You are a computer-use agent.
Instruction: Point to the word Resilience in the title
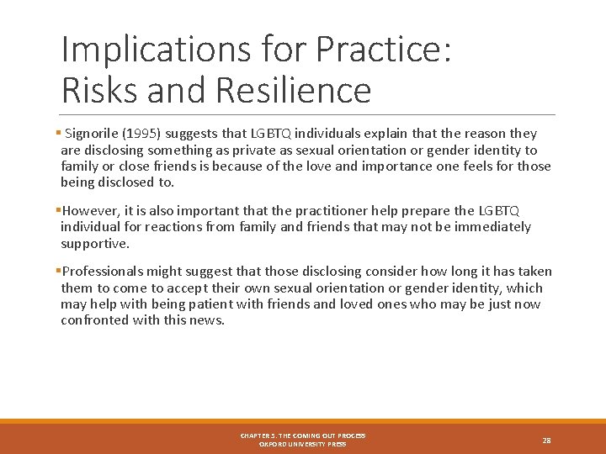(293, 90)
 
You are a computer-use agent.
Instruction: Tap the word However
(90, 211)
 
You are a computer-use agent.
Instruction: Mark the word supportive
(95, 243)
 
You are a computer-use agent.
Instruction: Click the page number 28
(546, 440)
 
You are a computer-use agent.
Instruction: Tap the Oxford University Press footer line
(302, 444)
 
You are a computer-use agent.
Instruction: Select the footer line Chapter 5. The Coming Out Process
(302, 436)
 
